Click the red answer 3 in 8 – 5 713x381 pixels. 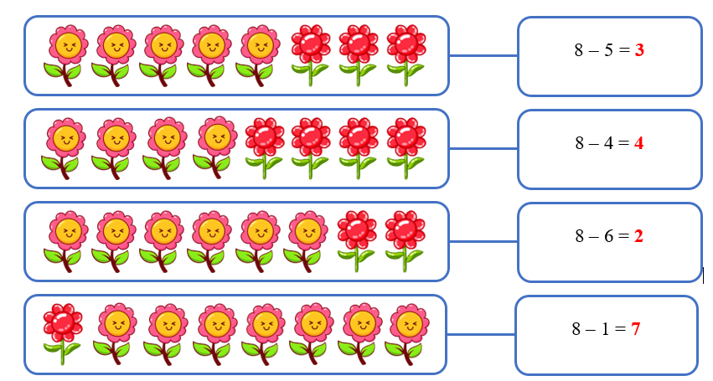pyautogui.click(x=639, y=51)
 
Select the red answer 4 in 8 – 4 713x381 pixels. pyautogui.click(x=638, y=143)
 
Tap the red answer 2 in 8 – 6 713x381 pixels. pyautogui.click(x=638, y=236)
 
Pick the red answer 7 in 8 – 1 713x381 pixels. pyautogui.click(x=636, y=329)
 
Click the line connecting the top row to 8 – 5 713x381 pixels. pyautogui.click(x=483, y=55)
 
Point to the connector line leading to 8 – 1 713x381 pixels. pyautogui.click(x=480, y=334)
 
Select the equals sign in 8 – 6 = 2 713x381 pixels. pyautogui.click(x=621, y=236)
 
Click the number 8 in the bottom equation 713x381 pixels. pyautogui.click(x=576, y=329)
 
